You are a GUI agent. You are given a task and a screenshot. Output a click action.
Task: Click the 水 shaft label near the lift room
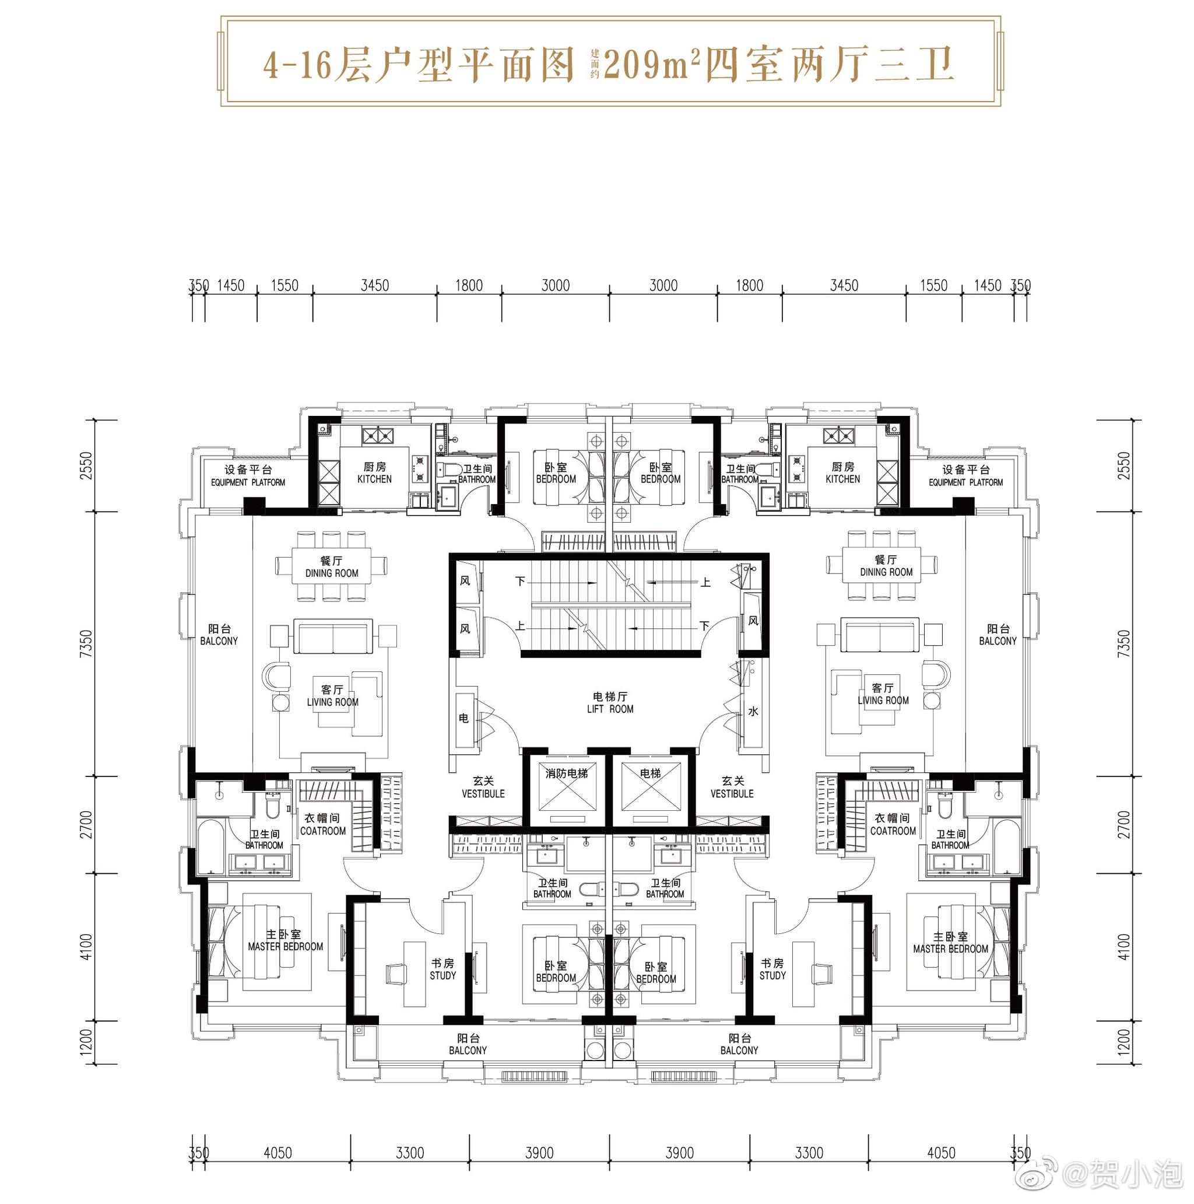click(753, 711)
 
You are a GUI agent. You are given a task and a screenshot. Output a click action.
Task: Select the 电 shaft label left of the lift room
click(463, 718)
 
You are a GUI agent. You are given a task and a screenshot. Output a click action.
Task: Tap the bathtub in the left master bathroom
click(212, 848)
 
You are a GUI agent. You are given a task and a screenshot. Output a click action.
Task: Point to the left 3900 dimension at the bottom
click(539, 1153)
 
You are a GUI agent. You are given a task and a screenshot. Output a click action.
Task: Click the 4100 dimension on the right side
click(1123, 947)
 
